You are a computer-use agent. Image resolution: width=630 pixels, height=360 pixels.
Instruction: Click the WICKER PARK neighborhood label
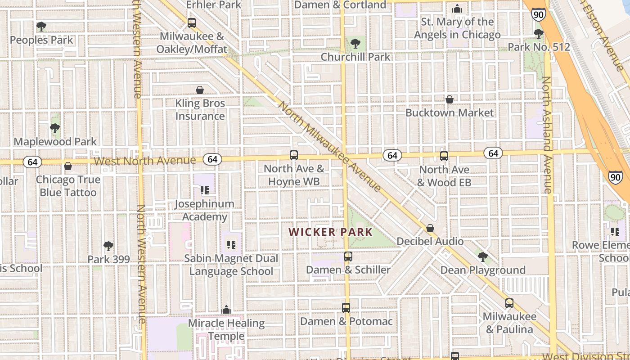[330, 232]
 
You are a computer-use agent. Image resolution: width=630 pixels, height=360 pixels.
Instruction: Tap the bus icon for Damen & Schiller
[348, 256]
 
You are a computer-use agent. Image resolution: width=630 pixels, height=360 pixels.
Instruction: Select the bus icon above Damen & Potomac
[346, 308]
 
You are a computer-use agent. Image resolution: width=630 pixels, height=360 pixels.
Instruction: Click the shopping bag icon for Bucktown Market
[449, 99]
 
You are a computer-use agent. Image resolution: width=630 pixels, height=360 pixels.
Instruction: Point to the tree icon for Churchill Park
[355, 44]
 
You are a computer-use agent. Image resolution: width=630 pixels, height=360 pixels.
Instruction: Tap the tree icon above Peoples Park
[41, 27]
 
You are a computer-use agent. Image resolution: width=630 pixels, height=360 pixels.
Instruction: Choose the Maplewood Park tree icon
[55, 128]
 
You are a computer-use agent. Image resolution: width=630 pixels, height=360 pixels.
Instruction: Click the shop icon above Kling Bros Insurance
[200, 90]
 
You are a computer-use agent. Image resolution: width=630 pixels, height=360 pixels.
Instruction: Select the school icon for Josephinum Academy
[205, 190]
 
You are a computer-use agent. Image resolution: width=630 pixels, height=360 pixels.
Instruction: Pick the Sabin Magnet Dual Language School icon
[231, 245]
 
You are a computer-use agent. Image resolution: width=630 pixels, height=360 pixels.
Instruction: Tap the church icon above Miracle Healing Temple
[226, 310]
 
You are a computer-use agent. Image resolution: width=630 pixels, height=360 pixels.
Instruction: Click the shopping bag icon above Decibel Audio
[430, 228]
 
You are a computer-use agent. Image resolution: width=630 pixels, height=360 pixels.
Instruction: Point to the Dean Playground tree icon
[483, 257]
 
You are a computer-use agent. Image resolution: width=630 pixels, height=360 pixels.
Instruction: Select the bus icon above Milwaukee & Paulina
[509, 303]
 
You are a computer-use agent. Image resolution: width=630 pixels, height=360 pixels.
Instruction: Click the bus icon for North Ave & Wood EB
[444, 156]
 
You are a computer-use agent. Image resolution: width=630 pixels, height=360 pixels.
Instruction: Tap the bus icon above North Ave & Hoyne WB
[294, 155]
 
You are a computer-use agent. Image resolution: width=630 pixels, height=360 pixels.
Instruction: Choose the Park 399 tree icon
[108, 246]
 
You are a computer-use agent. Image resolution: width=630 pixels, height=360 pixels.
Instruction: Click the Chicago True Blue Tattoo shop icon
[68, 166]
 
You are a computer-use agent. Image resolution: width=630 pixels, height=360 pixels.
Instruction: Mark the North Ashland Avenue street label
[547, 135]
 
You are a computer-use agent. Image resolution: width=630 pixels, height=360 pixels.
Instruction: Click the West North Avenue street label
[145, 161]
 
